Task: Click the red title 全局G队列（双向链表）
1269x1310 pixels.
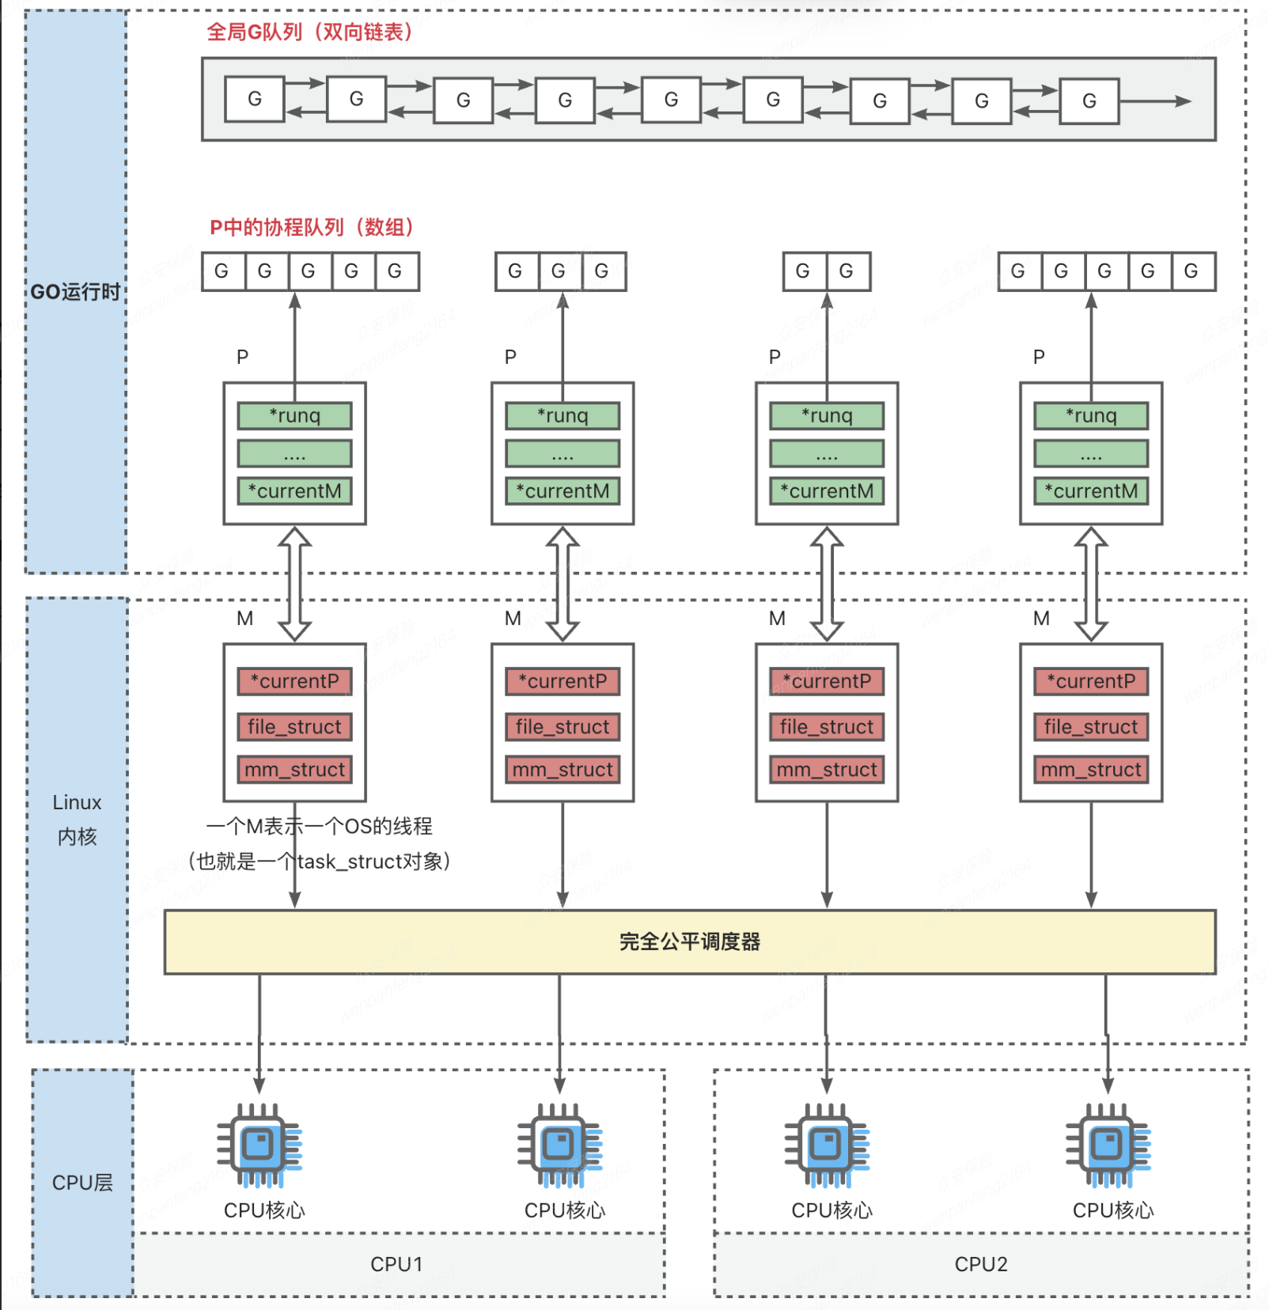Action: pyautogui.click(x=310, y=32)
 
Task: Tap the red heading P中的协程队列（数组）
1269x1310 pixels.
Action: pyautogui.click(x=312, y=228)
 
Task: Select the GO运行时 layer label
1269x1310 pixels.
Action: pyautogui.click(x=76, y=292)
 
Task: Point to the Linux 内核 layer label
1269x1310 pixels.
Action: pyautogui.click(x=77, y=820)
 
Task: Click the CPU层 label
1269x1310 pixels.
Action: pyautogui.click(x=82, y=1183)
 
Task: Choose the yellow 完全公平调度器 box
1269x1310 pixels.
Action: pyautogui.click(x=689, y=941)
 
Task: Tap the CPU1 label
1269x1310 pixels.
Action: pyautogui.click(x=396, y=1264)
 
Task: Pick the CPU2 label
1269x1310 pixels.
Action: pyautogui.click(x=981, y=1264)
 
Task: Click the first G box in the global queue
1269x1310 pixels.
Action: pyautogui.click(x=255, y=100)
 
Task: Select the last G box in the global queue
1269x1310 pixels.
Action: pyautogui.click(x=1089, y=101)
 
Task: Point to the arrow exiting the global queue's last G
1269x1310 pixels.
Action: pyautogui.click(x=1155, y=101)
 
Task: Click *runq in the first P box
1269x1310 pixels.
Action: pyautogui.click(x=295, y=416)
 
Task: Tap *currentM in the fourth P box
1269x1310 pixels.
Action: pyautogui.click(x=1091, y=491)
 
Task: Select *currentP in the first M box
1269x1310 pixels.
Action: pyautogui.click(x=295, y=681)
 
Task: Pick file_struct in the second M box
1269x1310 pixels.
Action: pyautogui.click(x=563, y=727)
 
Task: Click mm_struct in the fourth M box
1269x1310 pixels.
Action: pyautogui.click(x=1091, y=770)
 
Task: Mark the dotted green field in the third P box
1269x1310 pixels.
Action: pyautogui.click(x=827, y=454)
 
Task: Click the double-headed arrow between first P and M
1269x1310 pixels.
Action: pyautogui.click(x=295, y=584)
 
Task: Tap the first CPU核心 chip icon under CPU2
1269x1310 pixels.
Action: pyautogui.click(x=827, y=1145)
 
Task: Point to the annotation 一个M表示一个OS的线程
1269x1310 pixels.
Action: pyautogui.click(x=320, y=827)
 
